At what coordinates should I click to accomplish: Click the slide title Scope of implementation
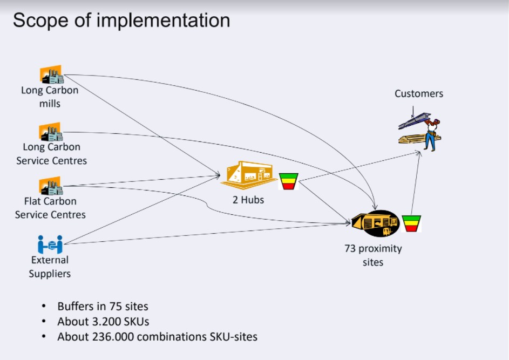pos(121,21)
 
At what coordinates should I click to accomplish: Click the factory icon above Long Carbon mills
pos(51,74)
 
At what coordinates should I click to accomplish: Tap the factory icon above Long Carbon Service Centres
pos(51,131)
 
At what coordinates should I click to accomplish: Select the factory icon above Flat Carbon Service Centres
pos(51,186)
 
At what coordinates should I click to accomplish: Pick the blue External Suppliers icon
pos(50,244)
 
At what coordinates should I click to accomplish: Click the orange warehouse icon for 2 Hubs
pos(249,173)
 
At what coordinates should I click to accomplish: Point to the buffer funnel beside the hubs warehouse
pos(288,181)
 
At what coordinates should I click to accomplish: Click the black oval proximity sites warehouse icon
pos(376,223)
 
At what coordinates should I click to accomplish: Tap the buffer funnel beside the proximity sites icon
pos(411,223)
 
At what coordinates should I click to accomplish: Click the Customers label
pos(419,93)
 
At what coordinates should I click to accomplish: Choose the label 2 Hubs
pos(248,200)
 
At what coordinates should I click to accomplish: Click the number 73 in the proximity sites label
pos(351,249)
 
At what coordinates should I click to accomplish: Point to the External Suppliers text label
pos(50,267)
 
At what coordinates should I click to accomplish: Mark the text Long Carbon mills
pos(50,97)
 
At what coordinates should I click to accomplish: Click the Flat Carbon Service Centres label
pos(50,208)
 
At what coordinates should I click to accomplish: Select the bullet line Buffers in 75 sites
pos(103,307)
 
